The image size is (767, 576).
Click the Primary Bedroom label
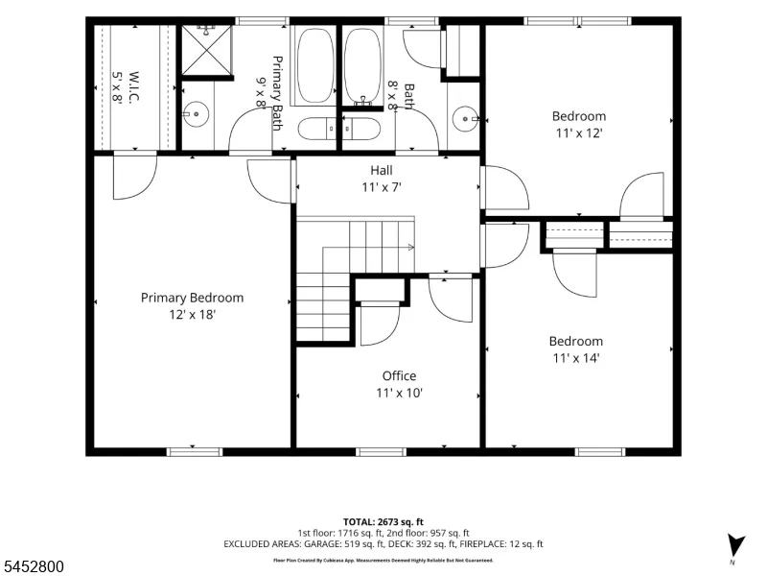coord(192,298)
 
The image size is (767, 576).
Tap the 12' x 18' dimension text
coord(193,315)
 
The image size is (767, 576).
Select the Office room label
coord(399,375)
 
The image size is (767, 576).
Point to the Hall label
coord(381,171)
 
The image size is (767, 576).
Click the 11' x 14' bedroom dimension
coord(576,358)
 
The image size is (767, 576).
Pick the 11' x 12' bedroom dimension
coord(579,132)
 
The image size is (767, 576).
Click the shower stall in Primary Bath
coord(207,51)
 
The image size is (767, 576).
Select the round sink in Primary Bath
coord(196,114)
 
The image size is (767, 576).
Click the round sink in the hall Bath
coord(465,119)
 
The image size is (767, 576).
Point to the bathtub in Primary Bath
coord(315,65)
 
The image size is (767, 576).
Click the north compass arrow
coord(734,545)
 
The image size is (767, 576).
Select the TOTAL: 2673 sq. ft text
coord(383,522)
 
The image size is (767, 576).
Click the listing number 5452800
coord(33,566)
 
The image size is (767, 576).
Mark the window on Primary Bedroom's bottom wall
coord(195,451)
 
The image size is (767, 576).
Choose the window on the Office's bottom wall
coord(381,451)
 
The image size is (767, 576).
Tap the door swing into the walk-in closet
coord(135,178)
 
